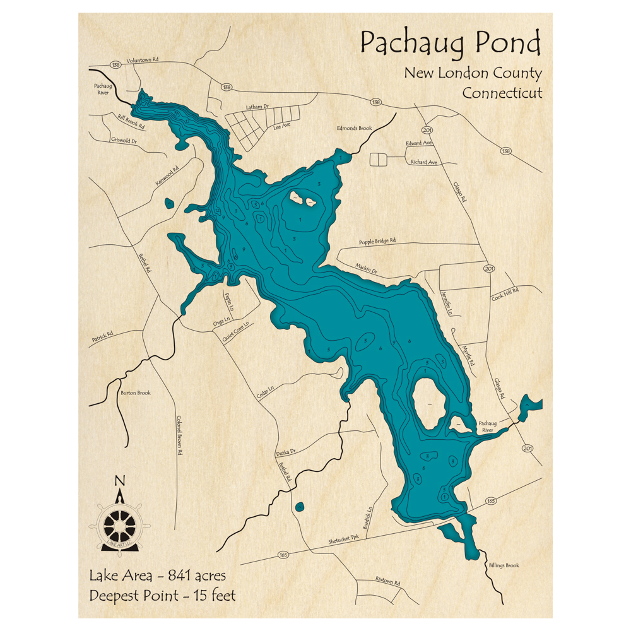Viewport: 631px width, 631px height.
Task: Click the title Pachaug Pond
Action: [x=451, y=45]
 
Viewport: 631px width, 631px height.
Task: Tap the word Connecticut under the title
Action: [x=502, y=93]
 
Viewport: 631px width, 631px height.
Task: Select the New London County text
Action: [x=473, y=73]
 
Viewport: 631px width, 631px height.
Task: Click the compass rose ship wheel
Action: [x=119, y=522]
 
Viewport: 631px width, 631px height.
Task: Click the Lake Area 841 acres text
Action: [x=157, y=575]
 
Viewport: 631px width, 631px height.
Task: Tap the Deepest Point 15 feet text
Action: [x=162, y=595]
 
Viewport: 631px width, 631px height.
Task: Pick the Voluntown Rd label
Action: [x=142, y=60]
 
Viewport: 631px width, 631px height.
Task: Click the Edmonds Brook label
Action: [x=354, y=128]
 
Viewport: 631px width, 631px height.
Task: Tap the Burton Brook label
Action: [x=136, y=392]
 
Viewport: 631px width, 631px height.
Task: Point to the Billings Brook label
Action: [x=504, y=565]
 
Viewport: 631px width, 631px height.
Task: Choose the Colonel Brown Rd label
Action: [x=179, y=435]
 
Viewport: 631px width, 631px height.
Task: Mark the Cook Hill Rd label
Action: [x=504, y=293]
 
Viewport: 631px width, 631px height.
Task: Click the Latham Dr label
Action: [x=256, y=108]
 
